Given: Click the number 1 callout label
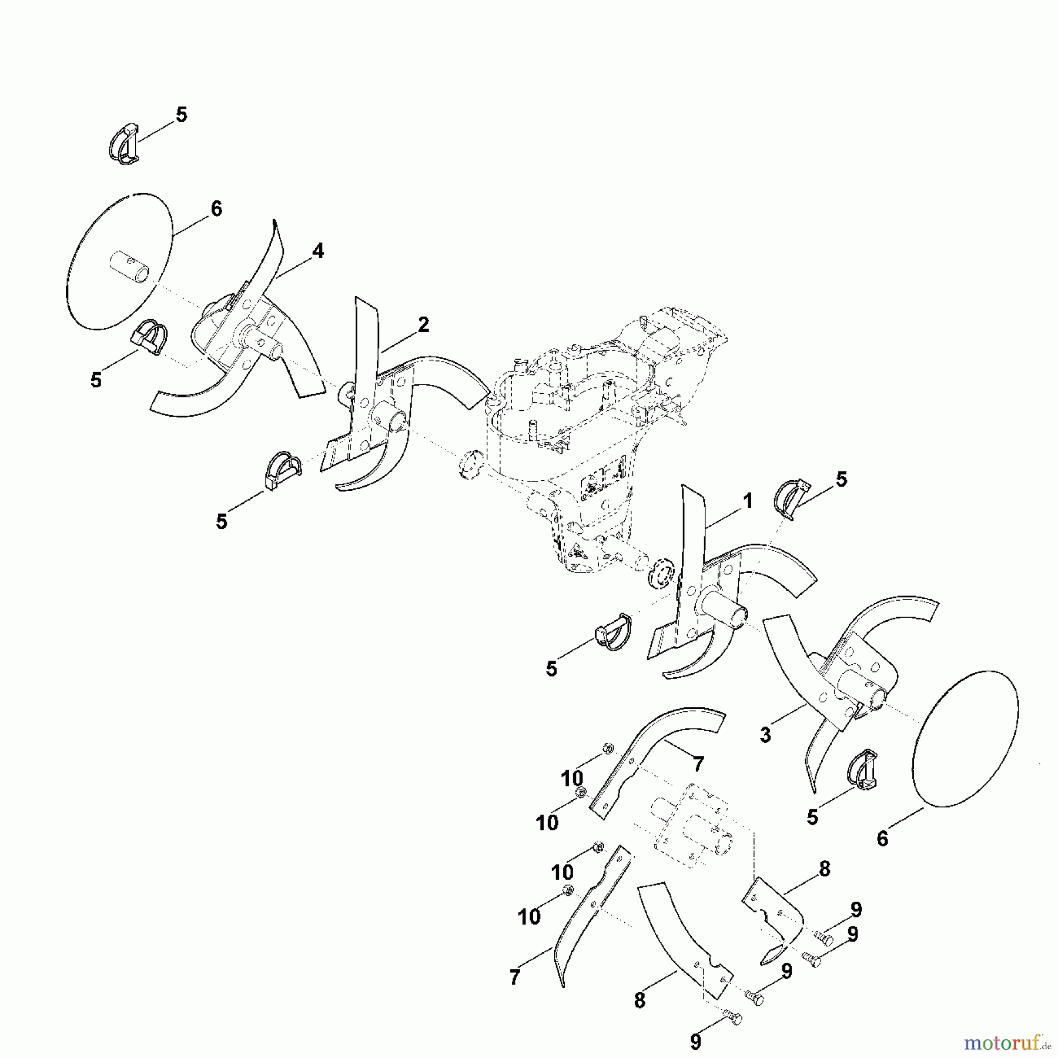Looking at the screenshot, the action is [x=747, y=502].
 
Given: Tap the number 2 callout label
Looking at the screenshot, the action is [x=424, y=324].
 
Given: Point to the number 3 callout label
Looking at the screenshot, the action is [x=765, y=735].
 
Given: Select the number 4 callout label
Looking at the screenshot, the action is [x=317, y=252].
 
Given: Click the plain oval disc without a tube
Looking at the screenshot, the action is [x=965, y=739].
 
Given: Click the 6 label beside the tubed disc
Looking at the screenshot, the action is [x=216, y=209].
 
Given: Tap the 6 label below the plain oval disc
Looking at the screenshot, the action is [x=882, y=839].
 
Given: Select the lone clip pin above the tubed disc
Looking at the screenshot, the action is [x=124, y=143].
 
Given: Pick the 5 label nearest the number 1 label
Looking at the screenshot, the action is [x=841, y=480].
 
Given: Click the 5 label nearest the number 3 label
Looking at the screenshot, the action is [x=812, y=817].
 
